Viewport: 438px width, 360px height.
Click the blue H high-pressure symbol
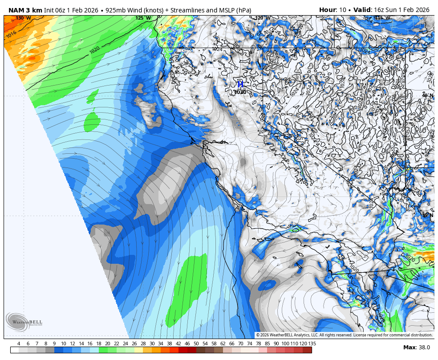click(240, 84)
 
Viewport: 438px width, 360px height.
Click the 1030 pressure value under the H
click(240, 92)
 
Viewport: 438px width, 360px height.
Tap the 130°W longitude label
click(23, 18)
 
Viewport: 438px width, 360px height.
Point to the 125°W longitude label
click(143, 18)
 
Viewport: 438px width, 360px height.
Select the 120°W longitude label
click(262, 18)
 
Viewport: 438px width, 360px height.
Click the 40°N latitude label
click(427, 95)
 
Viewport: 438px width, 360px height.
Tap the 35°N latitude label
click(427, 215)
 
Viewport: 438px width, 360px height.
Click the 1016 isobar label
click(11, 34)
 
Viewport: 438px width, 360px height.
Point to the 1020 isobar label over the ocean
click(94, 49)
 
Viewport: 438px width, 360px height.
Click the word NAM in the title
click(16, 10)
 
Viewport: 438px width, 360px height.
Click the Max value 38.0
click(424, 348)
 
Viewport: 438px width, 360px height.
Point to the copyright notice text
click(344, 335)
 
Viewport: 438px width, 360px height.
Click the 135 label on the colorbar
click(312, 344)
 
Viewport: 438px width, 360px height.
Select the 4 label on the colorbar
click(19, 344)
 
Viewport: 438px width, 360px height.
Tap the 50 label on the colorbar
click(196, 344)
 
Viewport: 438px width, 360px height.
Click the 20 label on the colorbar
click(107, 344)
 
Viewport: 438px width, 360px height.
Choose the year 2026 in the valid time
click(421, 10)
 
